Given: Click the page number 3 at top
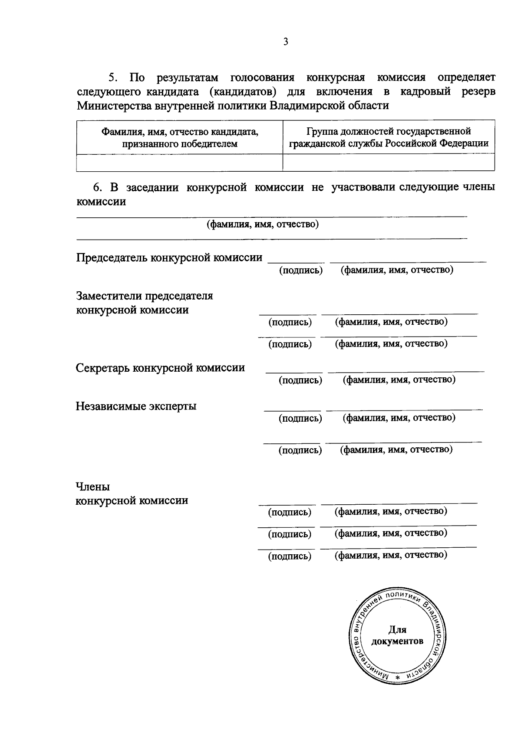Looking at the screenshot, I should point(285,42).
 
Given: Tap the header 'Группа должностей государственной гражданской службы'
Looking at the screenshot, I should point(389,137).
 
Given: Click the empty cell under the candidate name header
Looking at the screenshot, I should point(179,163).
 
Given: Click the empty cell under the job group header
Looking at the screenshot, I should point(389,163).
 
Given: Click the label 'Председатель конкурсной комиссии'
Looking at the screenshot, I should point(169,257).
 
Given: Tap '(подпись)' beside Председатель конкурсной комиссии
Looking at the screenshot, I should point(300,270).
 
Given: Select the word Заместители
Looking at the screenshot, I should point(110,296).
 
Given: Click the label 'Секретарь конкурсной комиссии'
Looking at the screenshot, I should point(160,368).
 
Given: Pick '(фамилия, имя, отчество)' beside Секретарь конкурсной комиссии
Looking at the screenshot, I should point(399,380).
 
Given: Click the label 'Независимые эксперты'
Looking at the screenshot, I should point(136,406).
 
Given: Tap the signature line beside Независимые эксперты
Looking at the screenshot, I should point(293,410).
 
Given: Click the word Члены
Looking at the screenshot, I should point(92,486).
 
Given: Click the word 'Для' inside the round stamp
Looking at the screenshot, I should point(397,629).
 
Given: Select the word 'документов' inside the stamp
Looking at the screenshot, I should point(397,641).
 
